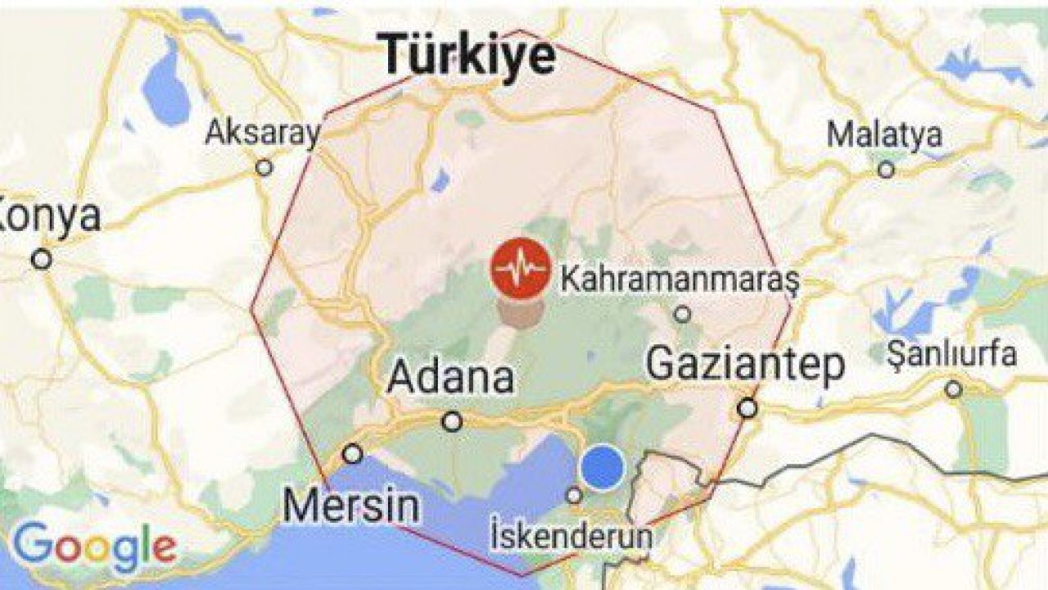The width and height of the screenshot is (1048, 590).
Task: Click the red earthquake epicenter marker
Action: [x=520, y=269]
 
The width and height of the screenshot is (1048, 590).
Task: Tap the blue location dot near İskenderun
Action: [x=602, y=466]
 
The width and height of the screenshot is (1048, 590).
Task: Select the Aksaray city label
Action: [x=262, y=133]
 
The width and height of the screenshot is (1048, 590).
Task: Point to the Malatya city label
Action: [x=884, y=134]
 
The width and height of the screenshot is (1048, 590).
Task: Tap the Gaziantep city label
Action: [x=745, y=364]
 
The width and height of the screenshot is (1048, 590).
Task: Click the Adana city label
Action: [x=451, y=378]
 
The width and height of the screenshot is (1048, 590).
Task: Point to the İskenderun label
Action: [x=573, y=537]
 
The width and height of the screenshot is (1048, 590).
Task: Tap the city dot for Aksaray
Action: [x=264, y=167]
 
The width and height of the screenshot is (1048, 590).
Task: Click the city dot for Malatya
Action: [x=886, y=170]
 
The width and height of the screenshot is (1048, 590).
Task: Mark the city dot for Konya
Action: [x=41, y=260]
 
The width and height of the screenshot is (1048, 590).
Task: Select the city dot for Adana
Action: [x=451, y=421]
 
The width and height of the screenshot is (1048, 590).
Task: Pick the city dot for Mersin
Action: [x=352, y=453]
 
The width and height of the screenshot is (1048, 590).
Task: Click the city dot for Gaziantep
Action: [x=747, y=407]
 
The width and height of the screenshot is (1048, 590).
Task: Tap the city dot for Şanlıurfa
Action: [x=953, y=389]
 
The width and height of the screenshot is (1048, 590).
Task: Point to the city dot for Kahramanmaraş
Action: [x=682, y=314]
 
